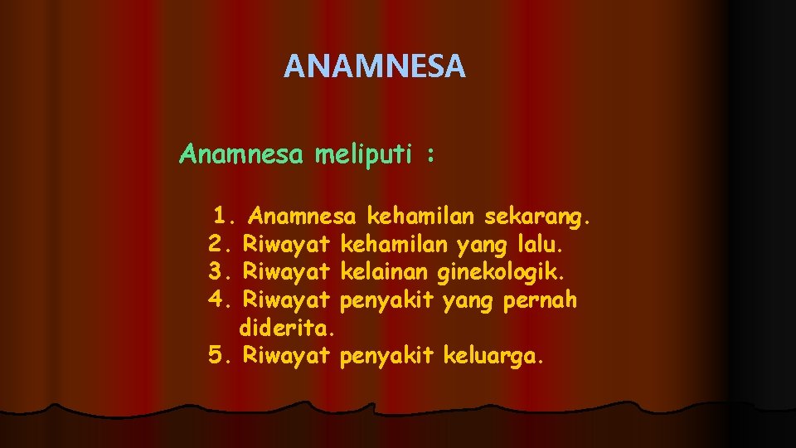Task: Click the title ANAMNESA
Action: pyautogui.click(x=375, y=66)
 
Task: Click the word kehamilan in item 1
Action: pyautogui.click(x=420, y=217)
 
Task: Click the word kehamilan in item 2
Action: pyautogui.click(x=396, y=244)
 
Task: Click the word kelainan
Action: pyautogui.click(x=385, y=271)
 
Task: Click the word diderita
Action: pyautogui.click(x=286, y=327)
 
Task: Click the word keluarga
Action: pyautogui.click(x=494, y=356)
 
